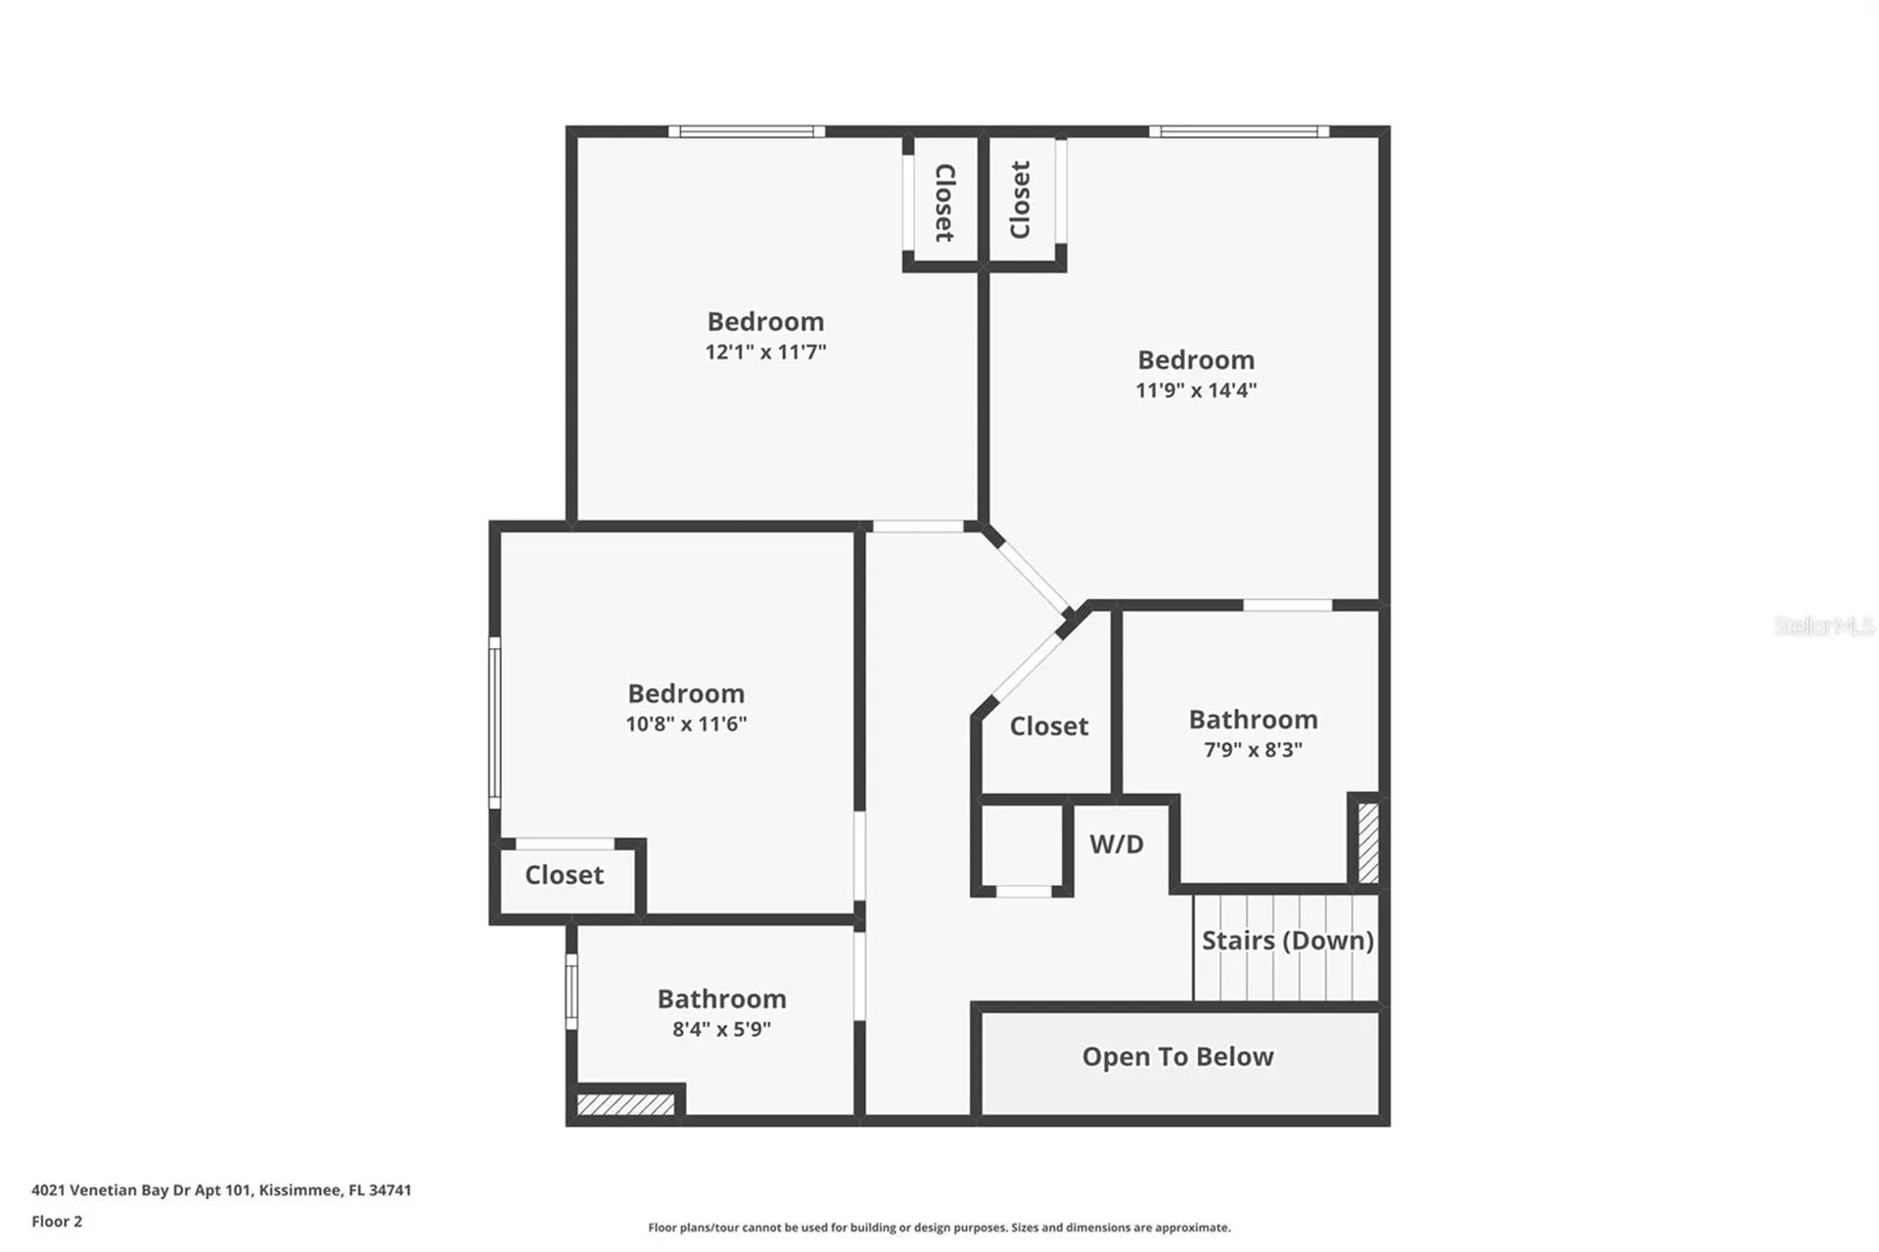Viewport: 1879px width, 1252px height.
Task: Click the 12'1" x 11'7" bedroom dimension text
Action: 765,351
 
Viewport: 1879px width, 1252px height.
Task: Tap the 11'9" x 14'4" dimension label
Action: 1196,390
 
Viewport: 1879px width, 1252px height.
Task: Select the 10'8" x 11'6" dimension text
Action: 686,723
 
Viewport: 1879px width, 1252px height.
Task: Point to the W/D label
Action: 1117,844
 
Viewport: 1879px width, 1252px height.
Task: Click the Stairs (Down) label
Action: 1288,941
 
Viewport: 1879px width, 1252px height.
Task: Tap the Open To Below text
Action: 1177,1056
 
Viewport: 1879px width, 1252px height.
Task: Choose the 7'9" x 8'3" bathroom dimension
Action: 1253,749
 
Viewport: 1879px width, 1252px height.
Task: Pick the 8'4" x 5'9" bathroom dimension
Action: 721,1029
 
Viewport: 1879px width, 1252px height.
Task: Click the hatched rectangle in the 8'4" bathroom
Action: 625,1104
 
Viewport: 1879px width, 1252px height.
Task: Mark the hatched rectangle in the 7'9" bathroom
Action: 1368,843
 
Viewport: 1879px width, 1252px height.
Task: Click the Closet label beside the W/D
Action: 1049,725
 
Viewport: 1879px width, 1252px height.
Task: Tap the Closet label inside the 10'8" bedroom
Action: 564,874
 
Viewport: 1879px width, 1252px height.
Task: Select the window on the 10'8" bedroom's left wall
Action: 495,722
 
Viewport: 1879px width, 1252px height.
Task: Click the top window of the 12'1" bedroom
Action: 747,131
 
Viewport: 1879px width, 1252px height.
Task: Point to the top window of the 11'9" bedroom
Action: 1239,131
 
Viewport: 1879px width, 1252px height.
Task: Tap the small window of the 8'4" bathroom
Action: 572,992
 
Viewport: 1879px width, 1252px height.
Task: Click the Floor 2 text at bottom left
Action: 57,1221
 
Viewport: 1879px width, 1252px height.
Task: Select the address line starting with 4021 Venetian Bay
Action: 221,1190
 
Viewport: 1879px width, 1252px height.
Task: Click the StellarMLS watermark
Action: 1824,626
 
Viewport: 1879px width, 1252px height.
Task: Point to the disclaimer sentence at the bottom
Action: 939,1228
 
